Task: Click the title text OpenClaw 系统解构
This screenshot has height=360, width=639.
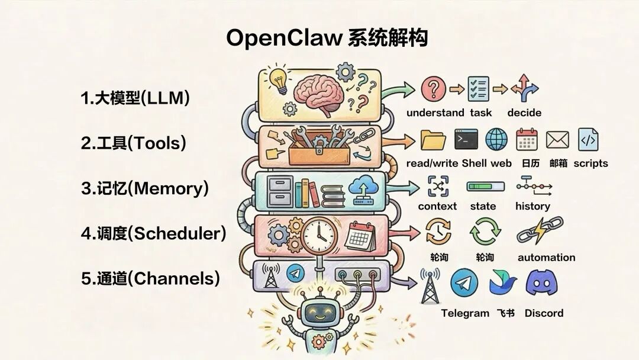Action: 327,38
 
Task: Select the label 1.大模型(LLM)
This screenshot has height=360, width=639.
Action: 135,98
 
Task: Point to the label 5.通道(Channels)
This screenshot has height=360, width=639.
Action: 150,278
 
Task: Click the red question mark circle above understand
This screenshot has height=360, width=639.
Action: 433,89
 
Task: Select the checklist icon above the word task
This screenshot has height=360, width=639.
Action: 479,89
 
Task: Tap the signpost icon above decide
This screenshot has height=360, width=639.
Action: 524,88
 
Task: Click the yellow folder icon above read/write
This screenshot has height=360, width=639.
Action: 433,140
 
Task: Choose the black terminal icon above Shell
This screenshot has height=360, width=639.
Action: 466,139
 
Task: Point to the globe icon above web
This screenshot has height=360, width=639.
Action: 496,139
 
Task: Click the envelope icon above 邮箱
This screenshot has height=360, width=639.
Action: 557,140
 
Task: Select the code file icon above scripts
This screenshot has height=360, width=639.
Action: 588,139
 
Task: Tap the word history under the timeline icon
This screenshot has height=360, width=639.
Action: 532,206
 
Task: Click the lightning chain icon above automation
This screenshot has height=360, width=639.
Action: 540,231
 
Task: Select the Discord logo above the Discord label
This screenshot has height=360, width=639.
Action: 543,282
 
